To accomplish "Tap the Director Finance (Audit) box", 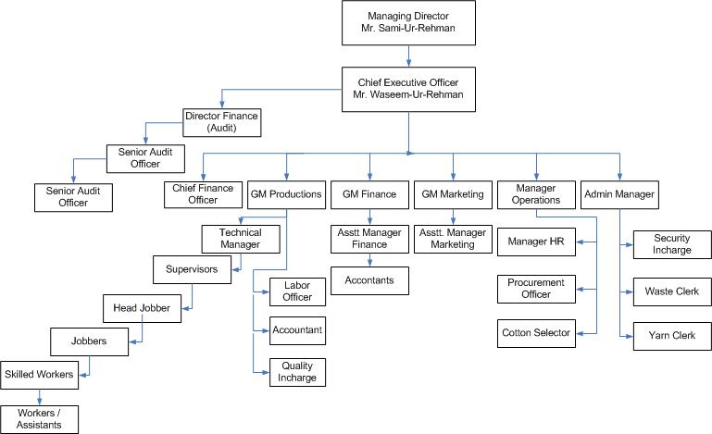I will tap(222, 121).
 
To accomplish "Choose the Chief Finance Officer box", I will tap(203, 193).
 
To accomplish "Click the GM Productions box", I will tap(286, 194).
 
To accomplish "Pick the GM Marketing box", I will tap(453, 194).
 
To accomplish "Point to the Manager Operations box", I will tap(535, 193).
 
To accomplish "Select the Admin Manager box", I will tap(618, 194).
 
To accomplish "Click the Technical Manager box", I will tap(241, 238).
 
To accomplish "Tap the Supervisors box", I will tap(193, 269).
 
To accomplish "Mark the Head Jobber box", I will tap(142, 307).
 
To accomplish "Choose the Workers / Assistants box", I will tap(39, 419).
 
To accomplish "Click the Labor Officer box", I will tap(297, 291).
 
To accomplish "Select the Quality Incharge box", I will tap(297, 371).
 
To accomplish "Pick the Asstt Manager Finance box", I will tap(369, 238).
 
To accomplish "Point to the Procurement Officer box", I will tap(535, 289).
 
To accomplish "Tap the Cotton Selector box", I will tap(535, 330).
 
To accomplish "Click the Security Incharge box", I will tap(671, 244).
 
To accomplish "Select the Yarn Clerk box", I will tap(671, 334).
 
